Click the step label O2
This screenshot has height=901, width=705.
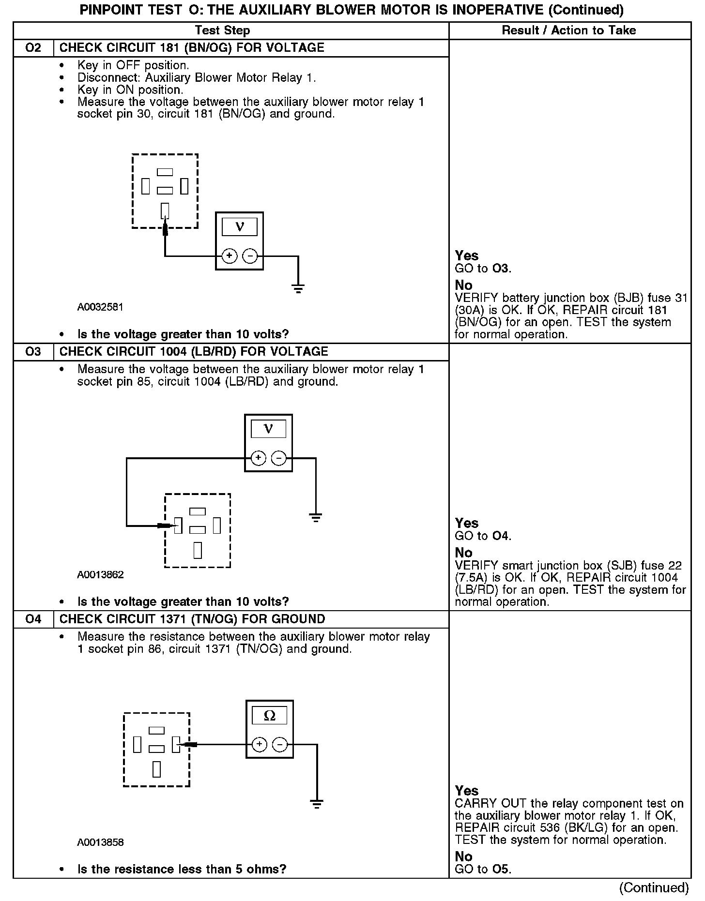pyautogui.click(x=33, y=48)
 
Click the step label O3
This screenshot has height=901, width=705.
pyautogui.click(x=33, y=352)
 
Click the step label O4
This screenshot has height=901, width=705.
pyautogui.click(x=33, y=619)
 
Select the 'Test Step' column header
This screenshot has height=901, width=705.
pyautogui.click(x=222, y=30)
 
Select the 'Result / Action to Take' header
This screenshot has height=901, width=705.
pyautogui.click(x=568, y=30)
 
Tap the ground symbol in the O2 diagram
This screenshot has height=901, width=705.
pyautogui.click(x=298, y=289)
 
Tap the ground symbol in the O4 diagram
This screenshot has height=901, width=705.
pyautogui.click(x=317, y=804)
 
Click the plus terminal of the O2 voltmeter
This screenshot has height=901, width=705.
pyautogui.click(x=230, y=256)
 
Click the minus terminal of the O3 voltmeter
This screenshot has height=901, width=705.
pyautogui.click(x=278, y=458)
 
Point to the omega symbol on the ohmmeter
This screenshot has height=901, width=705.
pyautogui.click(x=269, y=716)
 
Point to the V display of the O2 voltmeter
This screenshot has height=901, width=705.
pyautogui.click(x=239, y=226)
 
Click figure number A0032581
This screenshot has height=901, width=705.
pyautogui.click(x=100, y=307)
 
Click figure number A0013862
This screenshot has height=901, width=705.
pyautogui.click(x=100, y=575)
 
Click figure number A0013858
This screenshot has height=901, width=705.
pyautogui.click(x=100, y=842)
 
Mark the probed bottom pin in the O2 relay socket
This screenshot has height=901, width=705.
pyautogui.click(x=165, y=210)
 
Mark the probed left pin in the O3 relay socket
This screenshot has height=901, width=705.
pyautogui.click(x=178, y=525)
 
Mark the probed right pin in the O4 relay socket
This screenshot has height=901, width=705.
pyautogui.click(x=176, y=744)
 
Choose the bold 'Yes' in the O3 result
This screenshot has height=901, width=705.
pyautogui.click(x=466, y=523)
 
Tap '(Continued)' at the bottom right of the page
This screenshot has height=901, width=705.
pyautogui.click(x=654, y=887)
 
